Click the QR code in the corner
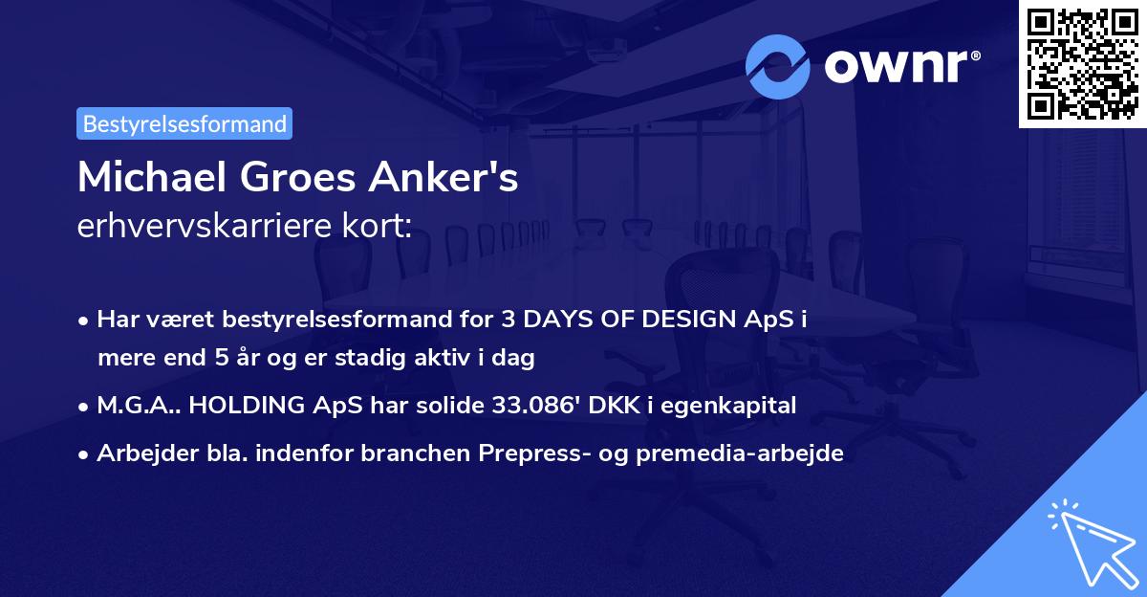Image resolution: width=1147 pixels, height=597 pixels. pyautogui.click(x=1082, y=64)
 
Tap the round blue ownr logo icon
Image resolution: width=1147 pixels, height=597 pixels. pyautogui.click(x=777, y=67)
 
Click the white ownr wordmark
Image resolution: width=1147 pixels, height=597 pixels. pyautogui.click(x=901, y=67)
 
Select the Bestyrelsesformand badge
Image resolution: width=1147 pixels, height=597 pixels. pyautogui.click(x=184, y=123)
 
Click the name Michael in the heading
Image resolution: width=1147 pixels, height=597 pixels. pyautogui.click(x=152, y=177)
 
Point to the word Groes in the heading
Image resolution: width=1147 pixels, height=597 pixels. pyautogui.click(x=297, y=177)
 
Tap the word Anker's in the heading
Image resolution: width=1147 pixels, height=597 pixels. pyautogui.click(x=444, y=177)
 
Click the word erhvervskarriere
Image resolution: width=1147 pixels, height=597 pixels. pyautogui.click(x=204, y=225)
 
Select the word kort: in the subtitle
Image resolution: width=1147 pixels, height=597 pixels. pyautogui.click(x=377, y=225)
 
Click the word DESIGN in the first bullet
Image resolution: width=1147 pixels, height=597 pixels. pyautogui.click(x=689, y=319)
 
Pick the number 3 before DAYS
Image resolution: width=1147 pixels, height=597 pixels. pyautogui.click(x=508, y=319)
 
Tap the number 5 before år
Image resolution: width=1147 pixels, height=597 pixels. pyautogui.click(x=221, y=357)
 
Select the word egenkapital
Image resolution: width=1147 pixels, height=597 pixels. pyautogui.click(x=728, y=406)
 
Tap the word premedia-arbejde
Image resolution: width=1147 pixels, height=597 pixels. pyautogui.click(x=740, y=453)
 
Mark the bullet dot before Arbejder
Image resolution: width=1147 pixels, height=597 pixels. pyautogui.click(x=83, y=454)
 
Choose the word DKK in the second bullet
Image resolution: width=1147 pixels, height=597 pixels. pyautogui.click(x=614, y=405)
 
